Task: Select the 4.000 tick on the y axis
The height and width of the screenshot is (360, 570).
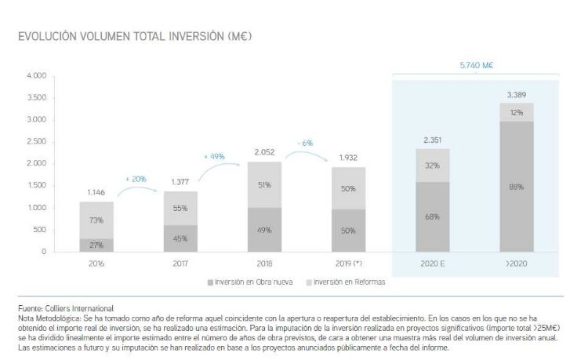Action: click(36, 76)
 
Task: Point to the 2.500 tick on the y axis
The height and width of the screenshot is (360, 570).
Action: click(36, 142)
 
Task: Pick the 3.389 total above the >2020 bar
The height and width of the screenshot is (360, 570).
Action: click(515, 94)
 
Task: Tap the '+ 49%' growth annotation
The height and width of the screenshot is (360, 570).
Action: click(214, 156)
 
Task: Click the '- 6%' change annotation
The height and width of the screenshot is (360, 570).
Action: click(305, 143)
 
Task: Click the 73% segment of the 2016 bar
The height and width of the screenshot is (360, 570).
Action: click(96, 220)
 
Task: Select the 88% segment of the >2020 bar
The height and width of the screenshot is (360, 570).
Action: click(515, 187)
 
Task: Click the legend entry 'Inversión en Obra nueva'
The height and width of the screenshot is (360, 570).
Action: click(242, 281)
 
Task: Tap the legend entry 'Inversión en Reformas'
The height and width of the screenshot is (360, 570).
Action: click(345, 281)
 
